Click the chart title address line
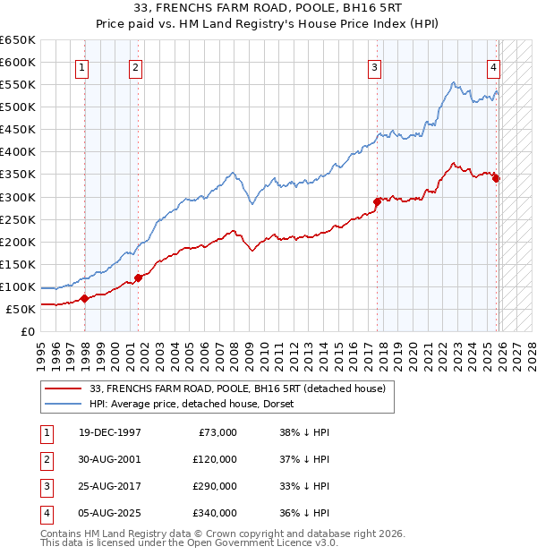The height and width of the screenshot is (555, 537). click(x=268, y=9)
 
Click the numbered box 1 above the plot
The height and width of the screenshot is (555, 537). click(x=81, y=67)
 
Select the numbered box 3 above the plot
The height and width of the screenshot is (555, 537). click(x=374, y=67)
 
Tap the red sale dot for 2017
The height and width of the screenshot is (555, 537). click(x=377, y=201)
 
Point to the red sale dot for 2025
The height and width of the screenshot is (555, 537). click(x=496, y=178)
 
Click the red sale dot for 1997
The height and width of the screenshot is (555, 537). click(x=84, y=298)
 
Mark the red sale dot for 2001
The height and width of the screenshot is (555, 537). click(x=138, y=277)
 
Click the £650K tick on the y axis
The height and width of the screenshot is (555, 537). click(x=18, y=40)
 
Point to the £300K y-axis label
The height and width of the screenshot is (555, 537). click(x=18, y=197)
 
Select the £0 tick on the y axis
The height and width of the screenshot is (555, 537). click(x=29, y=331)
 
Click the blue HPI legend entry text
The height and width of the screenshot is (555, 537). click(x=197, y=405)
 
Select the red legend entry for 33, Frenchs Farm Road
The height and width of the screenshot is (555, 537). click(x=237, y=388)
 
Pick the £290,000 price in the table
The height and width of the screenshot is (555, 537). click(x=214, y=486)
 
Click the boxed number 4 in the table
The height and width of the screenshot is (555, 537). click(x=44, y=513)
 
